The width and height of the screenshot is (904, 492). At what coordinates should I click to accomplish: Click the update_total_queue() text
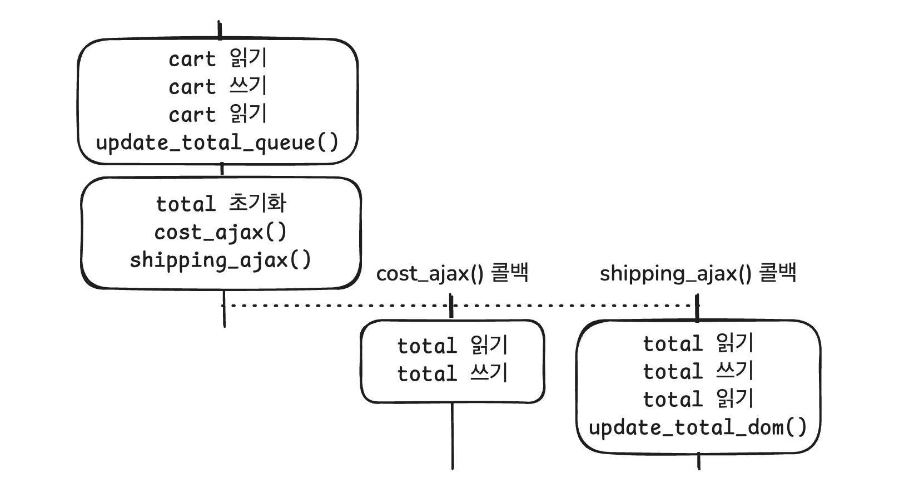[217, 142]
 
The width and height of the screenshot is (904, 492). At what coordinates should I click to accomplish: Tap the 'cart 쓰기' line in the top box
[217, 86]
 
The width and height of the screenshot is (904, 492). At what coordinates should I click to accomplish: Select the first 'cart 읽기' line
[217, 58]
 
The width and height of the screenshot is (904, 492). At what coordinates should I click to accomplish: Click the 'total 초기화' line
[221, 204]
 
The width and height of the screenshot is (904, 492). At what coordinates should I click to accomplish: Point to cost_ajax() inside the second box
[221, 232]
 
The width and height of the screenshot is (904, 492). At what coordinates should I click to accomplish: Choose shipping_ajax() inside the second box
[221, 260]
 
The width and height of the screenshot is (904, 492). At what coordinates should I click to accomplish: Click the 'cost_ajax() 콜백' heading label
[452, 273]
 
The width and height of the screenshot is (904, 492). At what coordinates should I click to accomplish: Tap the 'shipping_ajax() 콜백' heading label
[698, 273]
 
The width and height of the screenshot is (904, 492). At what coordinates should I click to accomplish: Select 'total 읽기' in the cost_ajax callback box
[452, 346]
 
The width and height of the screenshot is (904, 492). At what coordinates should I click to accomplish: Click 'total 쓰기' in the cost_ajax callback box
[452, 373]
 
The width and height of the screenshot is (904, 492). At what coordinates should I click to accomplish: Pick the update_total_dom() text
[697, 427]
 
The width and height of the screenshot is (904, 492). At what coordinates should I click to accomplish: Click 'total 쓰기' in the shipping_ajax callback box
[698, 371]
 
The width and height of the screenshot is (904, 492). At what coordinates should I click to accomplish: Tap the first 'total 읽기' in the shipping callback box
[698, 343]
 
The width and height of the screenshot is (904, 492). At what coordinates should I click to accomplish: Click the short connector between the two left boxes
[222, 170]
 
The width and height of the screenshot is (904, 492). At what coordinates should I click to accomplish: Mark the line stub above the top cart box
[220, 30]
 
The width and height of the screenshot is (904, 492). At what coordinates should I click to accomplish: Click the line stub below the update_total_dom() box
[698, 461]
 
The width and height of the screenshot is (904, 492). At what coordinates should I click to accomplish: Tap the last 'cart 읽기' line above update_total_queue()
[217, 114]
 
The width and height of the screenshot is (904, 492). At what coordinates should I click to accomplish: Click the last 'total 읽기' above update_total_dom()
[698, 399]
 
